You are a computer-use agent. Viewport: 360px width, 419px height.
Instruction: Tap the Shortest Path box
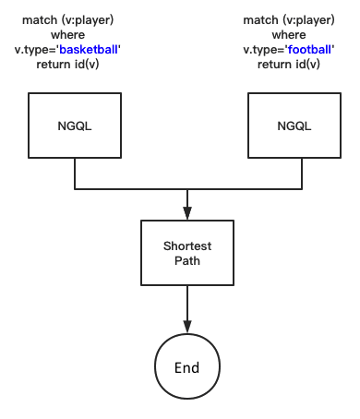tap(187, 252)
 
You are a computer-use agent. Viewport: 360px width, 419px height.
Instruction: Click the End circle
tap(187, 368)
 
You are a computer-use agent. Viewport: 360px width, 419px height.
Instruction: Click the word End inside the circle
tap(187, 368)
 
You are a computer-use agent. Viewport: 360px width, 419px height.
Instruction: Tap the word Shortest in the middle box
tap(187, 245)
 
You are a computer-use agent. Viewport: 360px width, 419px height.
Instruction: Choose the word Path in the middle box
tap(187, 260)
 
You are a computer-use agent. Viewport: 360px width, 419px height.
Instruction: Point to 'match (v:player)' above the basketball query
tap(75, 19)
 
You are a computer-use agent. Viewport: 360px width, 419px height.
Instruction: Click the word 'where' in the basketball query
tap(75, 34)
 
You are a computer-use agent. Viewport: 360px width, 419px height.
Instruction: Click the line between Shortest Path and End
tap(187, 305)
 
